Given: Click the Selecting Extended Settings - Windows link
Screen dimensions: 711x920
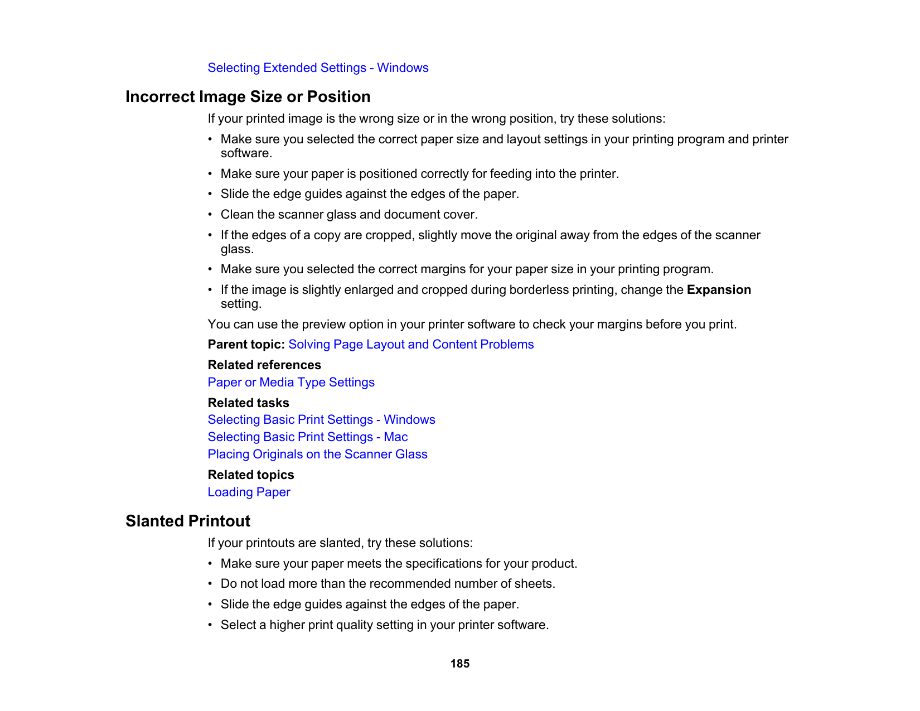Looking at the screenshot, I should tap(318, 68).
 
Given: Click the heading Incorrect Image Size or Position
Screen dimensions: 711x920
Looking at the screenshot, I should tap(248, 97).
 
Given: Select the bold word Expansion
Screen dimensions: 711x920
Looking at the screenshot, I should tap(719, 290).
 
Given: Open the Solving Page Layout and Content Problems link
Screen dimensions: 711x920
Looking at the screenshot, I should tap(411, 345).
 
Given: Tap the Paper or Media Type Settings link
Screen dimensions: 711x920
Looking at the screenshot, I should tap(291, 383).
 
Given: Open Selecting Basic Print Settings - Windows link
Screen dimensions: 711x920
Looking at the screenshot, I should tap(321, 420).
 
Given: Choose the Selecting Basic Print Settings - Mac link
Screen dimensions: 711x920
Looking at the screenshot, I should tap(307, 437).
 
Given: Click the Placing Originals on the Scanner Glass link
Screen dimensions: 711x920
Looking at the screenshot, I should tap(317, 454).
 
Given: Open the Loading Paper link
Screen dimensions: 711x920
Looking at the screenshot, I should tap(249, 492).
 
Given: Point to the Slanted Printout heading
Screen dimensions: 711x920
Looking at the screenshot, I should tap(188, 521).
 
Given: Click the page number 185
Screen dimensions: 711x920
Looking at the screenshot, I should tap(460, 664).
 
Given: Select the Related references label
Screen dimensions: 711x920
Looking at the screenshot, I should tap(264, 365).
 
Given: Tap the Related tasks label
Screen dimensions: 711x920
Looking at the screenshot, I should tap(248, 403).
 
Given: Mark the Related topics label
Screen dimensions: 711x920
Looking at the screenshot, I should tap(251, 475).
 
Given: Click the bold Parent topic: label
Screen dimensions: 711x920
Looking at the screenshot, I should tap(246, 345).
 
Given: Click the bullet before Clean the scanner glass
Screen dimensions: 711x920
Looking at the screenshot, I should tap(210, 215).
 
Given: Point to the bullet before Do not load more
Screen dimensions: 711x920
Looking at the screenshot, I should tap(210, 584).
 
